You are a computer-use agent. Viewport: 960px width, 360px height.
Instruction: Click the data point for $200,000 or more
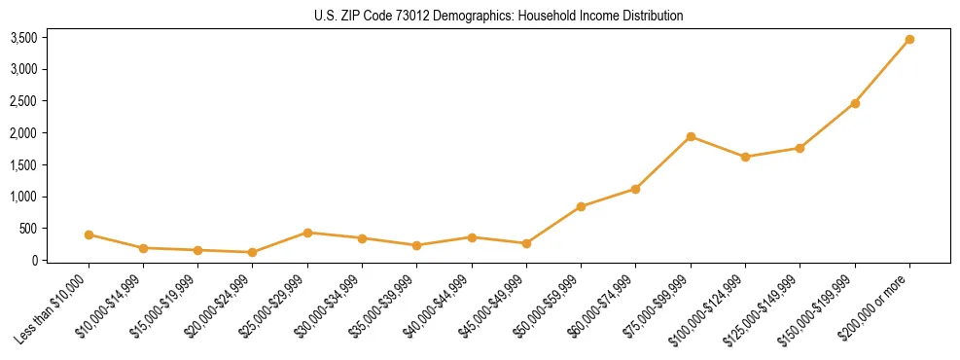pyautogui.click(x=909, y=39)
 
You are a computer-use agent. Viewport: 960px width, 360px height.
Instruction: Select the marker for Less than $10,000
pyautogui.click(x=89, y=234)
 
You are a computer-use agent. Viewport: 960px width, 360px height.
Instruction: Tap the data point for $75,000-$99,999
pyautogui.click(x=691, y=136)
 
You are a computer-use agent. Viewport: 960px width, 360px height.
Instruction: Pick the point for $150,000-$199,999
pyautogui.click(x=855, y=103)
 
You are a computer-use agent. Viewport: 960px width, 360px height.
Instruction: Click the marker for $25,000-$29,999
pyautogui.click(x=307, y=233)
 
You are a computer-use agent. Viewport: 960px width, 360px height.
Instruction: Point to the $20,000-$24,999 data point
pyautogui.click(x=253, y=252)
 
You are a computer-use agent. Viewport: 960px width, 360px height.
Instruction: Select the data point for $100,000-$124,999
pyautogui.click(x=745, y=157)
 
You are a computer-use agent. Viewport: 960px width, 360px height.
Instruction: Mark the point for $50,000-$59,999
pyautogui.click(x=581, y=206)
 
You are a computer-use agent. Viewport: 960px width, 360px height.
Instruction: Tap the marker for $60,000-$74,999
pyautogui.click(x=635, y=189)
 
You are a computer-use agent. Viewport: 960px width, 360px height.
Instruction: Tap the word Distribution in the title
pyautogui.click(x=651, y=16)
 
